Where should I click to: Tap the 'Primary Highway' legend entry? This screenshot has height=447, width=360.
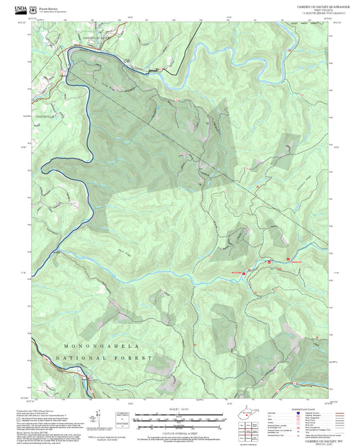pyautogui.click(x=284, y=414)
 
